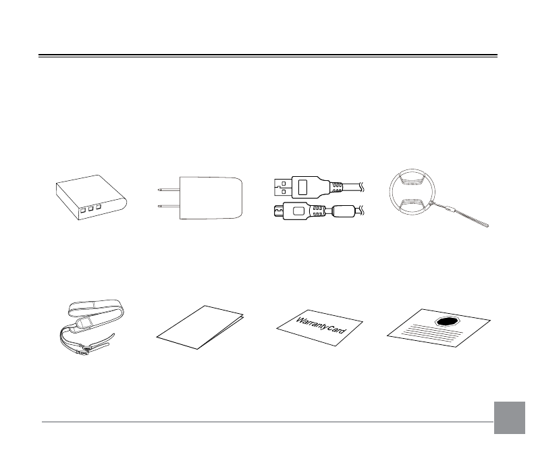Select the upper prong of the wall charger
tap(168, 189)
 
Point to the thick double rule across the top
tap(268, 56)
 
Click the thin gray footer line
tap(268, 423)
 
